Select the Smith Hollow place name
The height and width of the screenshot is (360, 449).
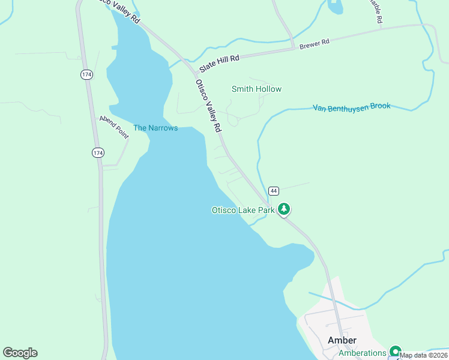click(256, 89)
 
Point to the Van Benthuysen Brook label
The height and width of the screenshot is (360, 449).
click(351, 107)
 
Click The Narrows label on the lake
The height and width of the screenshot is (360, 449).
click(155, 128)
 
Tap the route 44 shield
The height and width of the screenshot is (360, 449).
click(274, 191)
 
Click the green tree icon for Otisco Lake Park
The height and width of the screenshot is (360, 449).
click(284, 209)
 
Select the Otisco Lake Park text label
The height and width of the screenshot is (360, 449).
click(243, 210)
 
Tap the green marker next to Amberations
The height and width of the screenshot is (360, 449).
click(395, 352)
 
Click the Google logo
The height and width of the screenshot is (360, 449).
click(20, 353)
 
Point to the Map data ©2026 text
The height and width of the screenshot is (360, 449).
click(424, 355)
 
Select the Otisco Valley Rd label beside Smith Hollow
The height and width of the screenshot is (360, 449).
click(208, 106)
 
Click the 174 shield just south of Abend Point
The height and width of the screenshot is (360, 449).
click(98, 152)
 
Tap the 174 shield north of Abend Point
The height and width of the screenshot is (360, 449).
click(87, 74)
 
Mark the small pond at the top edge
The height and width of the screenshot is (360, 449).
click(336, 6)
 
